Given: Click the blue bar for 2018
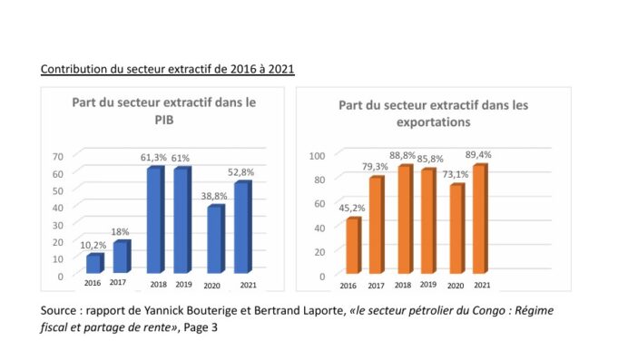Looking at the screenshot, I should [x=155, y=220].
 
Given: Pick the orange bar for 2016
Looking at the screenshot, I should [x=353, y=246].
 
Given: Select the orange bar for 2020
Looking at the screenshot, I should [x=456, y=229].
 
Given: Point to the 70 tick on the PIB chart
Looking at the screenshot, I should [x=58, y=155].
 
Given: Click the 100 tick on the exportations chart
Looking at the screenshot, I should [x=318, y=155].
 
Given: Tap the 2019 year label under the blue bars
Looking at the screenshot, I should [x=185, y=285].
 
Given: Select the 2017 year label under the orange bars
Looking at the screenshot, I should [x=375, y=286].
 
